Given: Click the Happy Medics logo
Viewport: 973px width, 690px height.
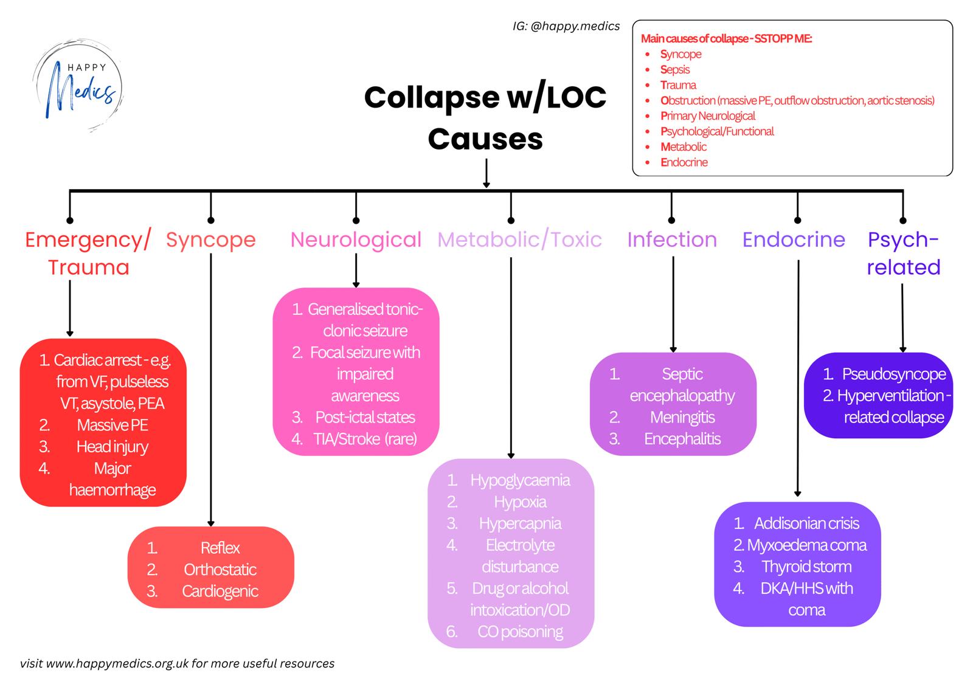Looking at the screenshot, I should pos(78,86).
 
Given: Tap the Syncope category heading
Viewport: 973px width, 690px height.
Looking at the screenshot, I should pos(210,240).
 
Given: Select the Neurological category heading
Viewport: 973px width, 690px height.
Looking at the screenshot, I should pos(356,240).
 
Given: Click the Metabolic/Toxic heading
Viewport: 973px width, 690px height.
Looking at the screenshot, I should pos(519,240).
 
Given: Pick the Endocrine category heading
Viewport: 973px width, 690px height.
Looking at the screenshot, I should pos(794,240).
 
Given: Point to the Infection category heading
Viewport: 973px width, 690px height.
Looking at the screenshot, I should pos(672,240).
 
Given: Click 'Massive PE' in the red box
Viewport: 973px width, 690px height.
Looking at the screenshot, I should pos(113,425).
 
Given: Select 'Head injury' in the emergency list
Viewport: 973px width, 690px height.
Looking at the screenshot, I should pos(113,447).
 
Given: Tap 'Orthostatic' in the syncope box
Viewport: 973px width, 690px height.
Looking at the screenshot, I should pos(220,570).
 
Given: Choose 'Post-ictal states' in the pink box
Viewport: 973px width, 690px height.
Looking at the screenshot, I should pos(365,417).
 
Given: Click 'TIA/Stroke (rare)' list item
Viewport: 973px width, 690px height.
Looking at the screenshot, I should pos(365,439).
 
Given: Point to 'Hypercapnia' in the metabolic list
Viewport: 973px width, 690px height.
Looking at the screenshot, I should pos(520,523).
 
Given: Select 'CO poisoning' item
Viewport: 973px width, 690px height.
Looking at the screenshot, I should pos(520,632).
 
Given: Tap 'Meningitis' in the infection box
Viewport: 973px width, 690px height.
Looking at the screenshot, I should pos(682,417).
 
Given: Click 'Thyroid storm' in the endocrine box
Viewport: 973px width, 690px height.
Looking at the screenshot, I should pos(806,567).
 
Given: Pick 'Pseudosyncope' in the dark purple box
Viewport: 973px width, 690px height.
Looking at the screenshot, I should pos(893,374).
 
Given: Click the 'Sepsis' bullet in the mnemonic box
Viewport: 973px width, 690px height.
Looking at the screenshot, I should pos(675,70).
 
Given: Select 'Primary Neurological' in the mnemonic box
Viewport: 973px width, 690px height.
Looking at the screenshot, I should pos(708,116).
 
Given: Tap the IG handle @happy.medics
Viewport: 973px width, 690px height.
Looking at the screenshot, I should pos(575,26).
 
